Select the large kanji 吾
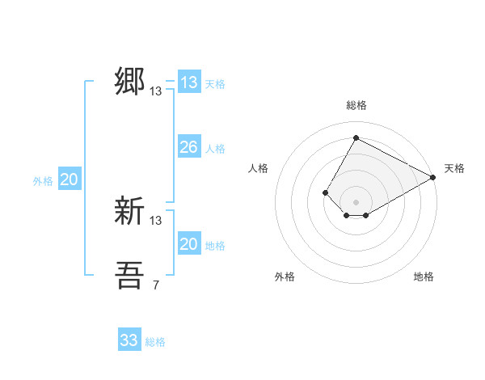[130, 276]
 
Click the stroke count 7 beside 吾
[156, 285]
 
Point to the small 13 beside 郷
[156, 91]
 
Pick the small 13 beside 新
[156, 220]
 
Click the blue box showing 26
[188, 147]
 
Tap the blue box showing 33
[129, 340]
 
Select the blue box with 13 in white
[188, 82]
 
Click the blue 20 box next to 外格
[69, 179]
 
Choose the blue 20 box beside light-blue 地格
[188, 244]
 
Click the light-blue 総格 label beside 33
[155, 342]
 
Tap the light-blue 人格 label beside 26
[215, 149]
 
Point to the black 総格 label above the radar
[356, 105]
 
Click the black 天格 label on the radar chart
[454, 168]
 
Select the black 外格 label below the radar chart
[285, 277]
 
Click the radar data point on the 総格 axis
[356, 138]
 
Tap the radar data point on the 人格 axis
[325, 192]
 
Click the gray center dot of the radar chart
[356, 202]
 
